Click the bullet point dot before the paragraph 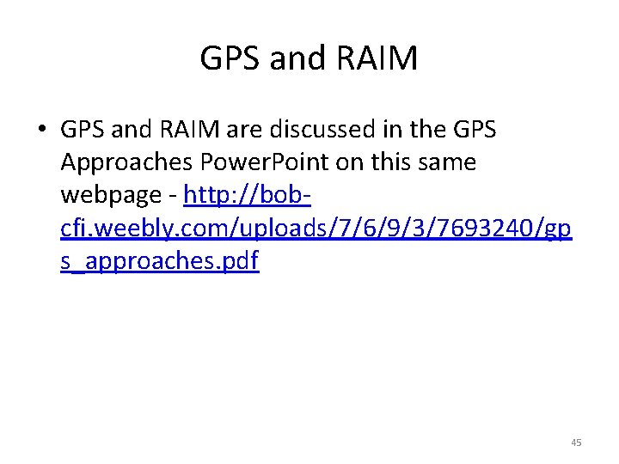tap(41, 131)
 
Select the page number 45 tap(576, 443)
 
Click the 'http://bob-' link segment tap(248, 196)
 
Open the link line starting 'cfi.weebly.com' tap(315, 229)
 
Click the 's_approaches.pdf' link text tap(159, 261)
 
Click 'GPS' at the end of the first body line tap(474, 131)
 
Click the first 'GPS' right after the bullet tap(83, 131)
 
